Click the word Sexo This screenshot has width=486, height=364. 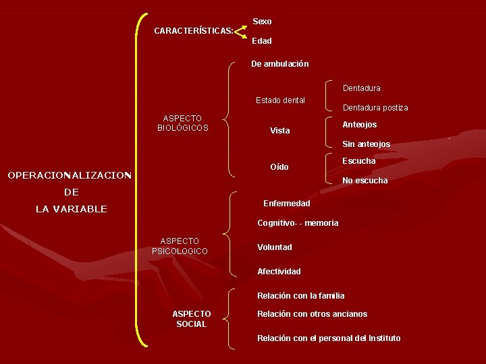click(262, 22)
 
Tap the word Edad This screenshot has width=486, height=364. click(262, 41)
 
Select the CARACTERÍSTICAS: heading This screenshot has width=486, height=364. click(194, 31)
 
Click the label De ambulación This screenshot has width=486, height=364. click(279, 64)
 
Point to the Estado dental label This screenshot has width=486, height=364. click(280, 100)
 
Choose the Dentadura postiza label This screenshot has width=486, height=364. click(375, 108)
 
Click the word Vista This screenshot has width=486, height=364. click(279, 131)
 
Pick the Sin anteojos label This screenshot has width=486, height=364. click(366, 144)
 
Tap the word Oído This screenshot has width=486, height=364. click(279, 167)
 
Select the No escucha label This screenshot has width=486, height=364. click(364, 181)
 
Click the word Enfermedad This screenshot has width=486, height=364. click(286, 204)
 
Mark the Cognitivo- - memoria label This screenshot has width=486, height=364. click(298, 223)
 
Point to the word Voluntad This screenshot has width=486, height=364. click(274, 247)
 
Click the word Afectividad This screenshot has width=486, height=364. click(279, 272)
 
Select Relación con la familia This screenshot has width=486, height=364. click(300, 296)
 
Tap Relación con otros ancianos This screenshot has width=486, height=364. click(312, 314)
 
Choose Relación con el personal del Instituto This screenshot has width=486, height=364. click(329, 338)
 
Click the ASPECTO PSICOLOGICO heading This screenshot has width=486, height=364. click(180, 246)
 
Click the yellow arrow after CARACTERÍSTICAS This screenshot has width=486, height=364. click(240, 31)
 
